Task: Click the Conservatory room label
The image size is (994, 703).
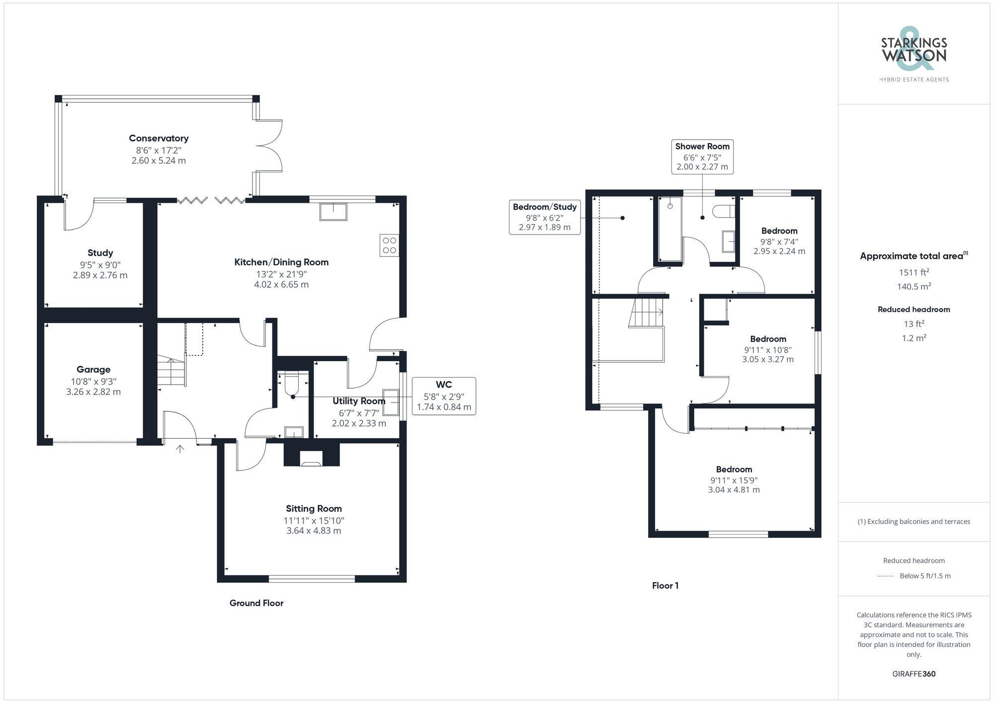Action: [159, 138]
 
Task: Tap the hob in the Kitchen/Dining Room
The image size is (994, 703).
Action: [389, 245]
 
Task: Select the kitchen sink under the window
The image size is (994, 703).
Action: [333, 212]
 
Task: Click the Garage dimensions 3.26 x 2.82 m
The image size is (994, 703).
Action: [93, 391]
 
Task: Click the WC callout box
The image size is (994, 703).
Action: [444, 396]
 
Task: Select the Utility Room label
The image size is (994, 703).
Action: [359, 401]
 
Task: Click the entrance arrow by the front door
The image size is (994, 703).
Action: [180, 449]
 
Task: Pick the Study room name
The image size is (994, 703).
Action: [100, 253]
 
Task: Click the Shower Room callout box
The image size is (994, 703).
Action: [702, 156]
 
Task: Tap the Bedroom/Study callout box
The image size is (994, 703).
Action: [545, 217]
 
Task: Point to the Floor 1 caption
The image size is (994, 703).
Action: [665, 586]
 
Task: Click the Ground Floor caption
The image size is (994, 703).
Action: [256, 603]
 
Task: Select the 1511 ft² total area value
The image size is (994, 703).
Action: [913, 272]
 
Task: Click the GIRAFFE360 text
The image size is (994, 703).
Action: [913, 674]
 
